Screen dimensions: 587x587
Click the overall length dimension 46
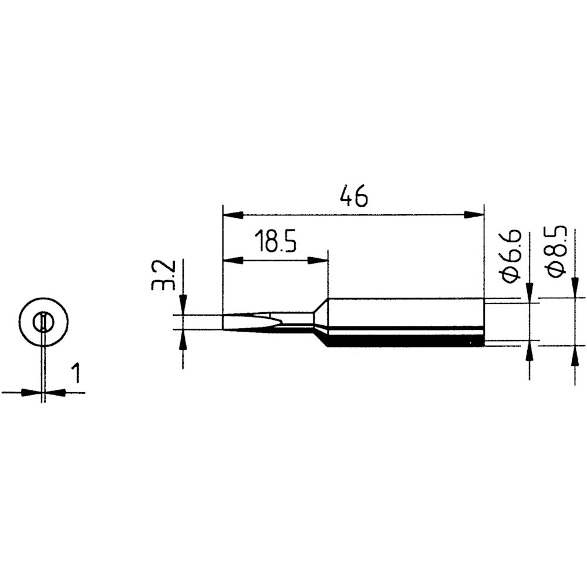[x=354, y=195]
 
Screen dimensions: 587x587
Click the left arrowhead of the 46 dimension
[x=232, y=215]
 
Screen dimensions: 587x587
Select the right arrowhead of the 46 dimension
[x=474, y=215]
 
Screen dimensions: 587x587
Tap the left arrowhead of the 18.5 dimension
[x=232, y=261]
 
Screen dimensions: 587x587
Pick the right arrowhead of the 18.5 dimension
[x=318, y=261]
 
